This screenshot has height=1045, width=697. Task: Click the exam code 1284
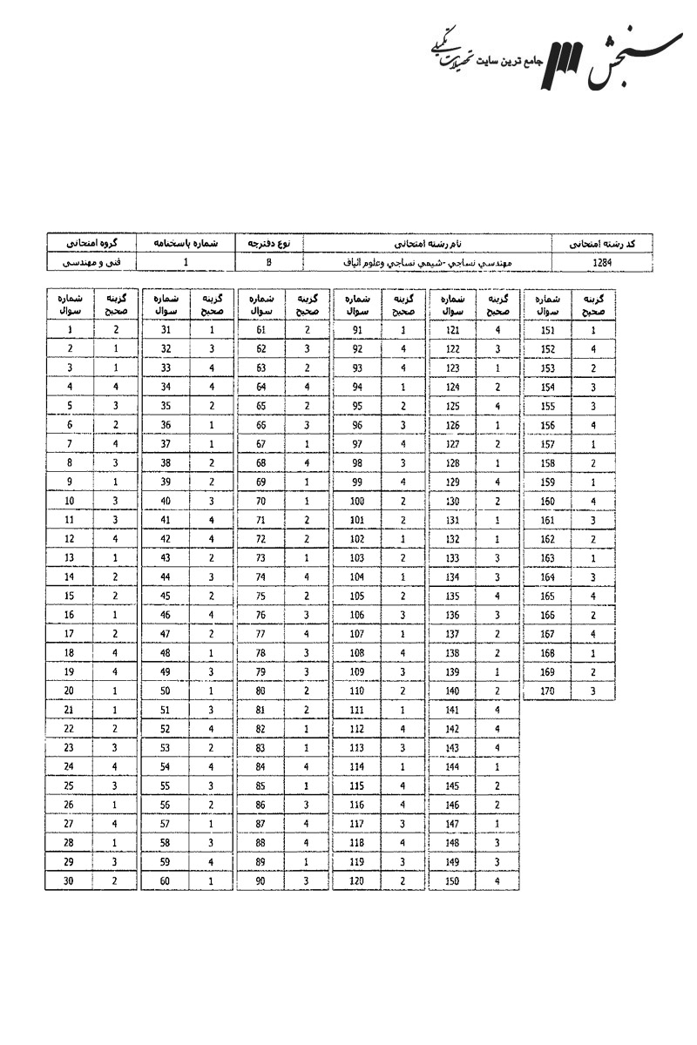[601, 260]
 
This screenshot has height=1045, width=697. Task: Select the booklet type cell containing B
[269, 260]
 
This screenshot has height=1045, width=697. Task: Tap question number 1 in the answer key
[69, 330]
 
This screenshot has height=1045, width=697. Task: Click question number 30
[69, 881]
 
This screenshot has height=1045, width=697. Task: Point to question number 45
[165, 596]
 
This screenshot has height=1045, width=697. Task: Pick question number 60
[165, 881]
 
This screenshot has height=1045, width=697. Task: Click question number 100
[356, 501]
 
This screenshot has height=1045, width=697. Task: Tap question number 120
[356, 881]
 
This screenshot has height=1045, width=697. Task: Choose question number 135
[452, 596]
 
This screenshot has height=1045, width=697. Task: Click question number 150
[452, 881]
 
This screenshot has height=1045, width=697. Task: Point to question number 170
[548, 691]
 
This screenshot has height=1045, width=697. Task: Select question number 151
[548, 330]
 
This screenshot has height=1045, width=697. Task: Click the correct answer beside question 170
[593, 691]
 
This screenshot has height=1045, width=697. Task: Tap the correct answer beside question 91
[403, 330]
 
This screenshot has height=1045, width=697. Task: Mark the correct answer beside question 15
[115, 596]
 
